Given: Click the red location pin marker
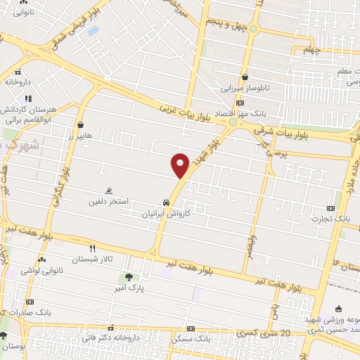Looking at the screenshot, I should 181,165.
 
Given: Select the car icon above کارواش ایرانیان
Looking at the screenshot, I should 166,200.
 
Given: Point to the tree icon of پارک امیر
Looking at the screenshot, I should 129,276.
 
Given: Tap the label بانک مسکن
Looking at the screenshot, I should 191,339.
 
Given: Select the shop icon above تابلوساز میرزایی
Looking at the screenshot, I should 245,78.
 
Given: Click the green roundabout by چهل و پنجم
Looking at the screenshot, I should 252,28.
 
